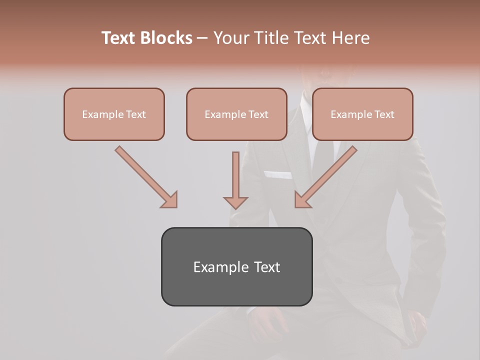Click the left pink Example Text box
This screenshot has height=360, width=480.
[114, 114]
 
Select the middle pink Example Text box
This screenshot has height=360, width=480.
[236, 114]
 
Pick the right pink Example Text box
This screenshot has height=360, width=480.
[362, 114]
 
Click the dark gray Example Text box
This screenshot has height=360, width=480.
[236, 266]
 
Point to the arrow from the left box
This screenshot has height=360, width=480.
[145, 175]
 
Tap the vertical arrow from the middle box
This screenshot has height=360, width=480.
[235, 175]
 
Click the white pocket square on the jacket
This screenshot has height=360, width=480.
[278, 175]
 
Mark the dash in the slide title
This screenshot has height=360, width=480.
[202, 38]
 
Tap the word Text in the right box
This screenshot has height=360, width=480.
[384, 114]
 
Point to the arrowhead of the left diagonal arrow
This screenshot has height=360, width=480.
[170, 200]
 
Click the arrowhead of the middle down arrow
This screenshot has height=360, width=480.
[235, 202]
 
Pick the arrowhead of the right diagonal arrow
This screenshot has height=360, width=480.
[302, 200]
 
